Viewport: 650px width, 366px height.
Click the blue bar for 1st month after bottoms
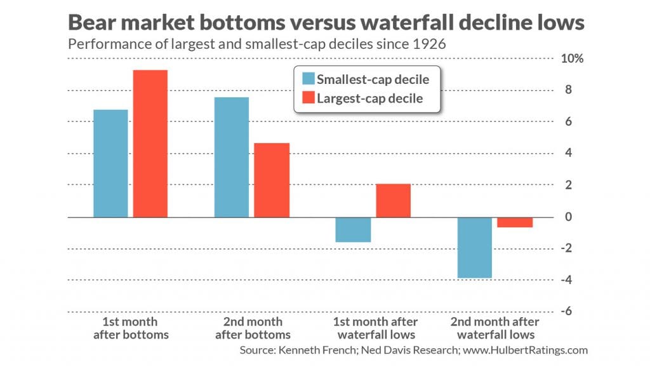click(110, 163)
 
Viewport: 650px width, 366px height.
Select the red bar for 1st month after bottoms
click(150, 144)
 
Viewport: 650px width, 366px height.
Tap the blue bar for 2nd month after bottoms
click(232, 157)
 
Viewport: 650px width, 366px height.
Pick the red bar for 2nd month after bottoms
click(272, 180)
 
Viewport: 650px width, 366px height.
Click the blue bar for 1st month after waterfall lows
click(353, 229)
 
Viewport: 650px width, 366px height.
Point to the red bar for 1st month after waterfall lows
click(393, 200)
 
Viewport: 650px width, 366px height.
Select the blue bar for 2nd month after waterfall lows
click(474, 247)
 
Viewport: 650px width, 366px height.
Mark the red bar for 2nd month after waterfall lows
click(515, 222)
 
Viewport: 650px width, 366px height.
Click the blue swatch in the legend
click(308, 79)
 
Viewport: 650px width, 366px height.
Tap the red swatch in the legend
click(308, 98)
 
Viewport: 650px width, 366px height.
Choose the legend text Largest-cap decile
click(369, 98)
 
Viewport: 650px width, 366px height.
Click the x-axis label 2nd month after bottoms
click(253, 329)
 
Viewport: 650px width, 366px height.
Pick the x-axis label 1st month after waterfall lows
click(377, 329)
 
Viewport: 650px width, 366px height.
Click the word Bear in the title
click(93, 24)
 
